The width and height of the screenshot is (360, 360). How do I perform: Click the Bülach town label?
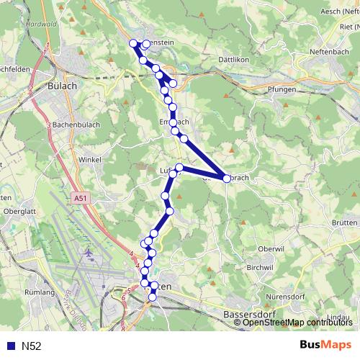[x=62, y=84]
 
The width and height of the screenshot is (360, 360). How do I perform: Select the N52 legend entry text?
[x=31, y=346]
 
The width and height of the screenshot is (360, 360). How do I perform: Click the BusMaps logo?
[x=325, y=346]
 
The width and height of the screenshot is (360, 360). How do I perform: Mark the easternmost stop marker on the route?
[x=227, y=179]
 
